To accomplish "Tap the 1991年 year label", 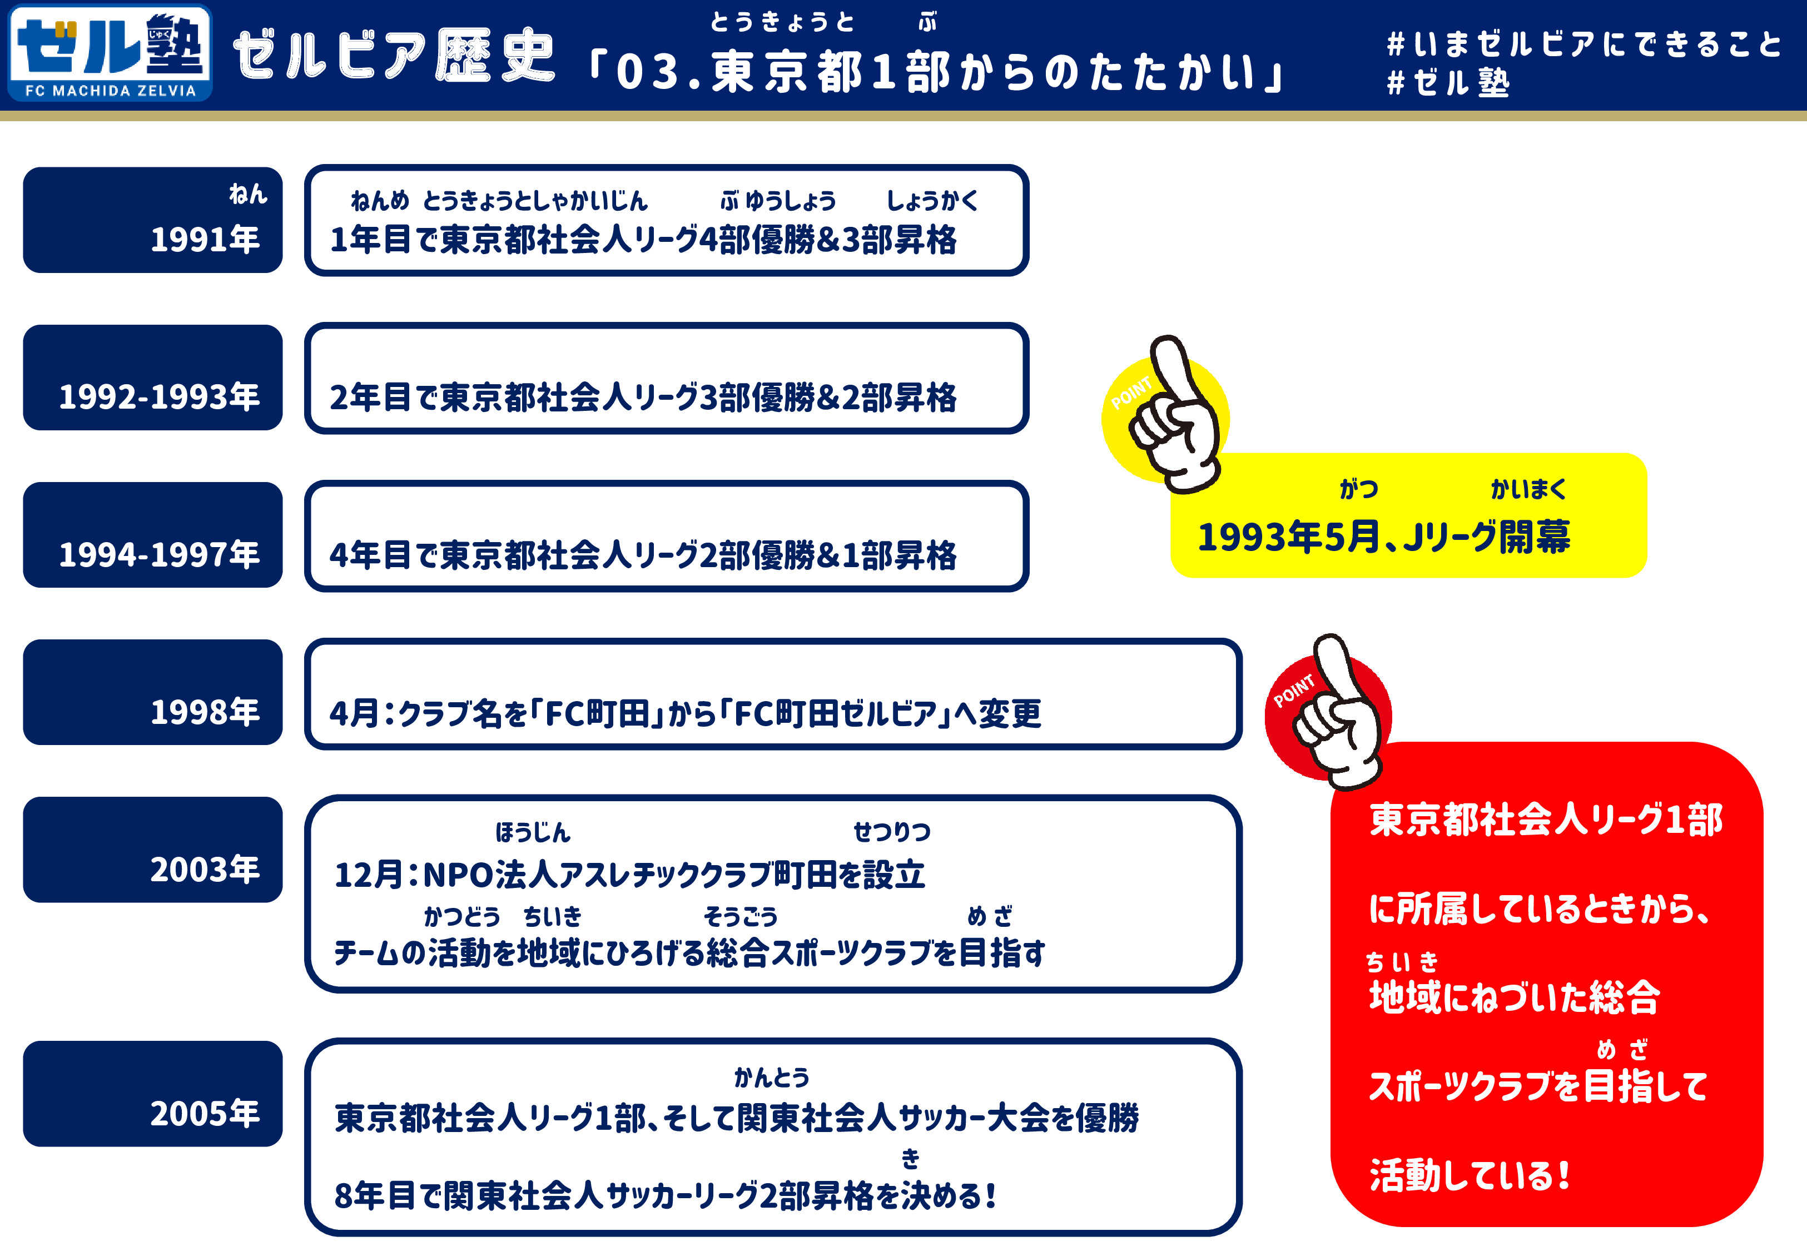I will pyautogui.click(x=205, y=239).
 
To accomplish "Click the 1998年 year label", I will pyautogui.click(x=205, y=712).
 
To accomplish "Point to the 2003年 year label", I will pyautogui.click(x=205, y=869).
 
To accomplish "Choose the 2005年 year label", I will pyautogui.click(x=205, y=1113).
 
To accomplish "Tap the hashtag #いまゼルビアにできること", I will pyautogui.click(x=1583, y=44).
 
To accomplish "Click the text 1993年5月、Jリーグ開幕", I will pyautogui.click(x=1384, y=537).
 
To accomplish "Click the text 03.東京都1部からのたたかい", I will pyautogui.click(x=936, y=72).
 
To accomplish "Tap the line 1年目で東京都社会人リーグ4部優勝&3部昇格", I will pyautogui.click(x=643, y=240).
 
